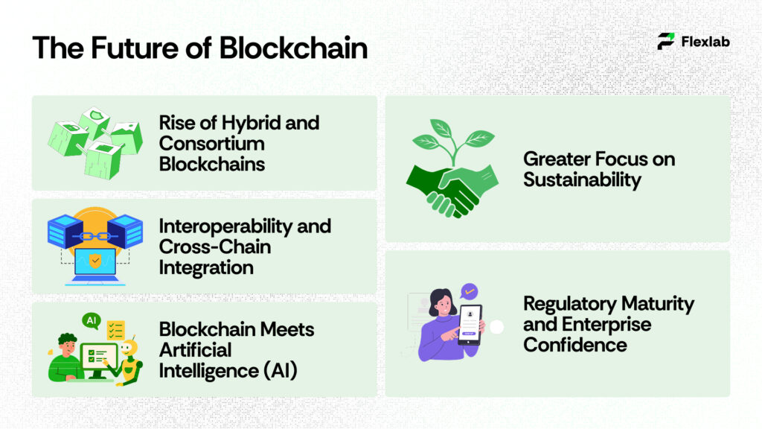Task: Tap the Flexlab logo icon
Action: point(666,42)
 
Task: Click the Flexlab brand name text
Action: point(705,42)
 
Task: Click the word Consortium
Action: point(211,143)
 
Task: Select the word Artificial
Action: point(196,349)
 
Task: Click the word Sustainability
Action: point(582,179)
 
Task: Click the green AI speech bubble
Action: point(92,321)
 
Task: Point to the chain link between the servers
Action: point(95,234)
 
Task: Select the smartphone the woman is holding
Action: point(470,324)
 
